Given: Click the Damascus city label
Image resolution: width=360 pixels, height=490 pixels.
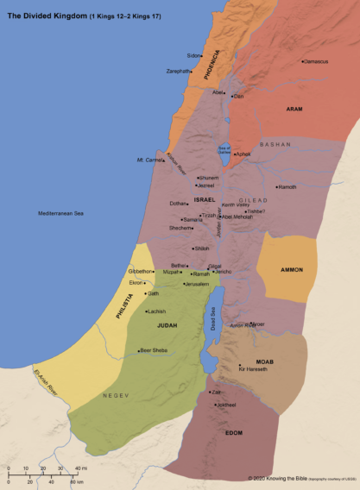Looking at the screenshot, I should [x=317, y=61].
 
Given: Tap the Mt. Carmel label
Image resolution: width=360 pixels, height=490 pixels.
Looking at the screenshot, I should [x=150, y=160].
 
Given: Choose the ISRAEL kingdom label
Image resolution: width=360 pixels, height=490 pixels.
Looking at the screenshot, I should [x=205, y=199].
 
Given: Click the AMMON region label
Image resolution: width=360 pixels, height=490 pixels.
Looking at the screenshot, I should [x=292, y=270].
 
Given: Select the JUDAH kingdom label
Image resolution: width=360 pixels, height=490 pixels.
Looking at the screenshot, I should [x=167, y=326].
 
